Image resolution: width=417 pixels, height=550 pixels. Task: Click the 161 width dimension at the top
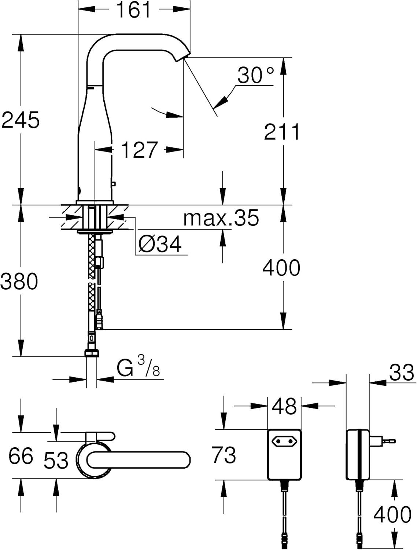[134, 10]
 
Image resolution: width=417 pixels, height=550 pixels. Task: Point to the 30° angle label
[255, 75]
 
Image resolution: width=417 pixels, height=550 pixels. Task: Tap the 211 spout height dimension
[282, 132]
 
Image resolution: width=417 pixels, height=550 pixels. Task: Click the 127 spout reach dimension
[139, 150]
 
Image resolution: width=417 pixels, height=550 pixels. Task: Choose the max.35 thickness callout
[221, 218]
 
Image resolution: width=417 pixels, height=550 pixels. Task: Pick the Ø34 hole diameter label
[160, 244]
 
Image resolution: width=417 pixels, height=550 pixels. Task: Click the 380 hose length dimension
[19, 281]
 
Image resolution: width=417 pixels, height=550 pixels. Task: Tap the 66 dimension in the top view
[21, 456]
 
